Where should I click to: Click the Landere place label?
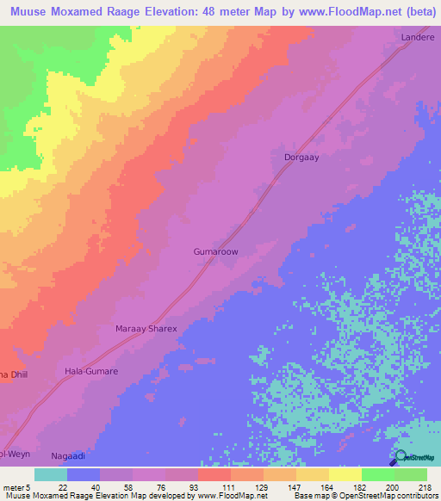(417, 38)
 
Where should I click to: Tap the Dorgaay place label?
(301, 158)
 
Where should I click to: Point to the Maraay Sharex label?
(146, 329)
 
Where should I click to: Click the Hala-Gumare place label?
(91, 371)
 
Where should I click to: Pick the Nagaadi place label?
(68, 454)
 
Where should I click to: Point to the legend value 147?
(295, 487)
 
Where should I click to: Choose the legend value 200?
(394, 487)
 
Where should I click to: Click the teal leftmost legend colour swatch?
(51, 474)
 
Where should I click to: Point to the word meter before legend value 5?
(15, 487)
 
